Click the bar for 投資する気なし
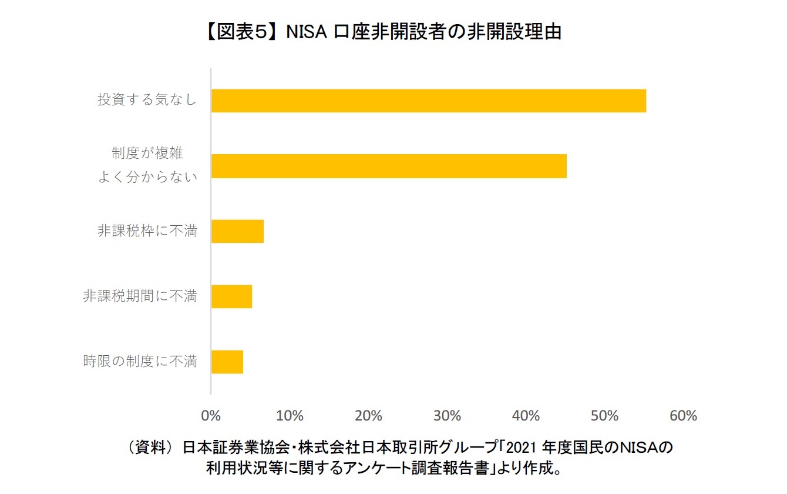(428, 101)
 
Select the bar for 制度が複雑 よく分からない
(389, 166)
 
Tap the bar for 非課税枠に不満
(237, 231)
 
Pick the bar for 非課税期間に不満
(231, 296)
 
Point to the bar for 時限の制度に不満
(227, 362)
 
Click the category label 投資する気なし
(147, 101)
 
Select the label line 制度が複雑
(147, 153)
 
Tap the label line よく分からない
(147, 178)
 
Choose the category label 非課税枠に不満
(147, 231)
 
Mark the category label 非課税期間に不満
(140, 296)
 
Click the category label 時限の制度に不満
(140, 362)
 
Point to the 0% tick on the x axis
(211, 416)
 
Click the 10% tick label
(290, 416)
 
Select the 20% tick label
(368, 416)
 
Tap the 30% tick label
(447, 416)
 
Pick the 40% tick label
(526, 416)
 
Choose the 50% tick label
(604, 416)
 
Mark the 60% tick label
(683, 416)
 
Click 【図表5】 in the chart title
(241, 32)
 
